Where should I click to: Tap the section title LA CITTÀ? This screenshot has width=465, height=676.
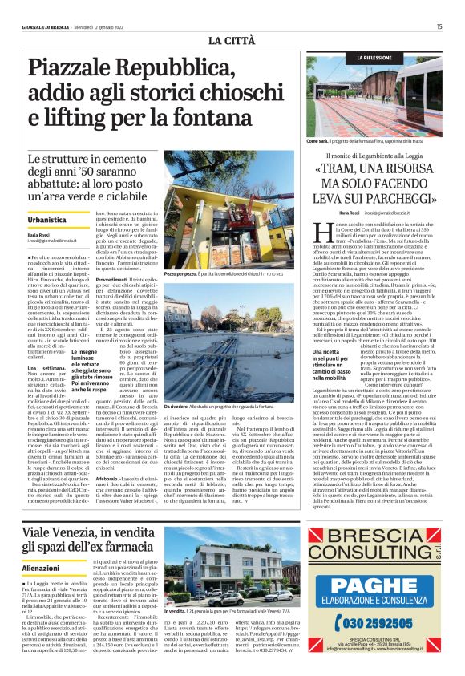(232, 40)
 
